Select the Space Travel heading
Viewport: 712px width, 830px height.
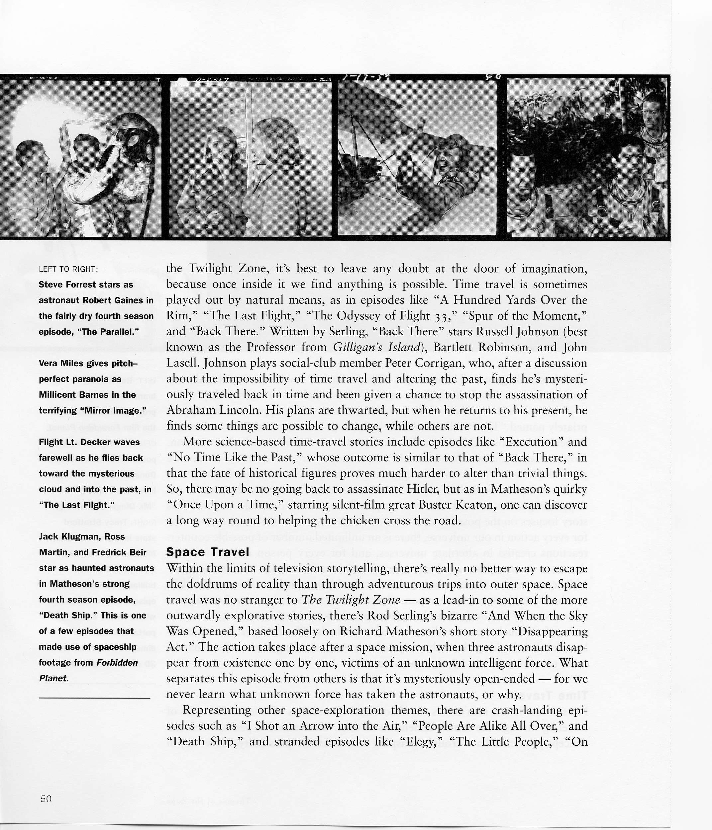(208, 552)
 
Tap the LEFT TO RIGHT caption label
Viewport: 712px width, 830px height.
(68, 269)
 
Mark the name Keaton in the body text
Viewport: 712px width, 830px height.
(475, 505)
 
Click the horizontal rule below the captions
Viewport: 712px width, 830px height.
(94, 698)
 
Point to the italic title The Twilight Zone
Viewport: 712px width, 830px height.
(351, 600)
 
